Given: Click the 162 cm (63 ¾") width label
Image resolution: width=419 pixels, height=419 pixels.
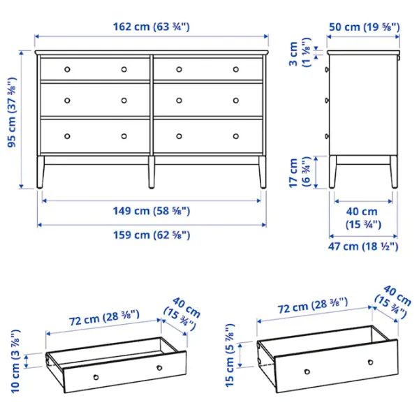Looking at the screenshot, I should (152, 27).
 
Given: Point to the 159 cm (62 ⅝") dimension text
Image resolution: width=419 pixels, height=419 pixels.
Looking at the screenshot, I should (152, 235).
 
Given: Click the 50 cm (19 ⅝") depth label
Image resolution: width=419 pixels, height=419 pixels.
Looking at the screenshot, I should (363, 27).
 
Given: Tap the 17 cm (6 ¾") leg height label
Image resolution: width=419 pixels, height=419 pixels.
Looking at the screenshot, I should (300, 172).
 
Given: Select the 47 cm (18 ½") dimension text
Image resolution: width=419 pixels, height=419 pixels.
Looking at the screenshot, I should (363, 247).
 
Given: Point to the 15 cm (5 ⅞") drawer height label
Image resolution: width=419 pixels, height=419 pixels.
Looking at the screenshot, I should (229, 355).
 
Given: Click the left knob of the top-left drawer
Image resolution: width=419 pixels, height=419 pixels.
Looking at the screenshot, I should (68, 68).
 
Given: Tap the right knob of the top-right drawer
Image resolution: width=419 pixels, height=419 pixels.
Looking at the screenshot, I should (235, 68).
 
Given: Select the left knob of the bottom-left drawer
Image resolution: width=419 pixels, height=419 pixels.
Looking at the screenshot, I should (68, 135).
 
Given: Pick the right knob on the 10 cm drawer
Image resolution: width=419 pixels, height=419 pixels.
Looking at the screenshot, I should (159, 367).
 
